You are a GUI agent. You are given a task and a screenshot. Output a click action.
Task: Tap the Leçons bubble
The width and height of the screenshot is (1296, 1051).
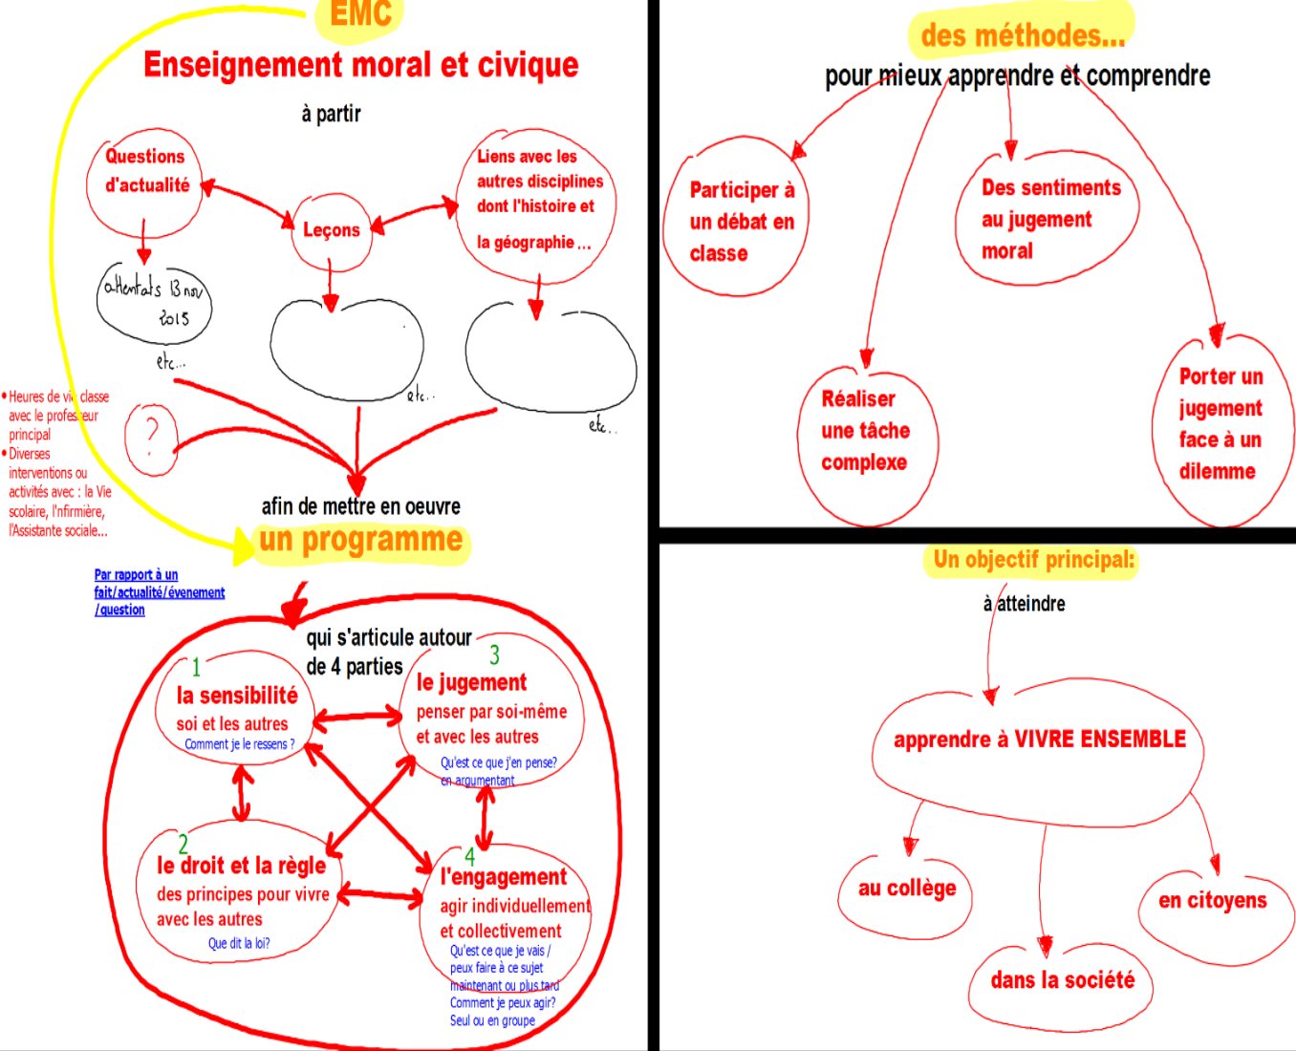coord(331,230)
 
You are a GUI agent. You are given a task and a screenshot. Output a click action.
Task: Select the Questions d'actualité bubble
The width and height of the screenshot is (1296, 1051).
coord(146,172)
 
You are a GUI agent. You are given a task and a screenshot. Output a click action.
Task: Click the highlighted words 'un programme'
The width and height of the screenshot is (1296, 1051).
coord(360,540)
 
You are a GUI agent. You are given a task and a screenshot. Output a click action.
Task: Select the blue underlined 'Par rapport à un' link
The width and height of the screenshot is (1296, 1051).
coord(136,575)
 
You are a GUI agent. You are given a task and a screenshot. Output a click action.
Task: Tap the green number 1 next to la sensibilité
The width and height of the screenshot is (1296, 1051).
coord(196,667)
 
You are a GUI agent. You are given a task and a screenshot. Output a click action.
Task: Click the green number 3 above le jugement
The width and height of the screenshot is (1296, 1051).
coord(494,655)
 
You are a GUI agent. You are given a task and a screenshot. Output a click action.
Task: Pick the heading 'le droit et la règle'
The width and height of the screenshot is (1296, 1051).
coord(241,866)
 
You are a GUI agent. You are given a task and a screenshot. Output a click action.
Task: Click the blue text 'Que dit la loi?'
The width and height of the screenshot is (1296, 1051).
coord(239,944)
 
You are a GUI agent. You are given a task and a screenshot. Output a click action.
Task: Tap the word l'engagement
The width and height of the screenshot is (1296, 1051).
coord(504,877)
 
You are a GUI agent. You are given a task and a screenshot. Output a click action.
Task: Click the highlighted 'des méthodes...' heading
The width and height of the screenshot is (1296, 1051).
coord(1022,36)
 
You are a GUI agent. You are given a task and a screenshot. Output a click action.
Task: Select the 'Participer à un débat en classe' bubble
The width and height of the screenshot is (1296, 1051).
coord(741,222)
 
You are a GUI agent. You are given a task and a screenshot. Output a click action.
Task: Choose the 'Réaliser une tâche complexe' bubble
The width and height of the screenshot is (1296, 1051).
coord(865,431)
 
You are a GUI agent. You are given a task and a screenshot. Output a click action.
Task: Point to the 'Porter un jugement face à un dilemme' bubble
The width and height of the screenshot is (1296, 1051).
coord(1220,423)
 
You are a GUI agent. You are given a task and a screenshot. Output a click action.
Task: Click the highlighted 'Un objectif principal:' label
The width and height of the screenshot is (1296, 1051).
coord(1033,560)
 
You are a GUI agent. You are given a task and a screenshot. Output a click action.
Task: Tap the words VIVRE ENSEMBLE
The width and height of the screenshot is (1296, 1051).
coord(1099,740)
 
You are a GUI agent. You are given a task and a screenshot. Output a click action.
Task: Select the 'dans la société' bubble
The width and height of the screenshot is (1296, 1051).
coord(1062,980)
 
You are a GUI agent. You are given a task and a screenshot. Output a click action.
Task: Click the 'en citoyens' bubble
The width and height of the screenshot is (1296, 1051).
coord(1212,901)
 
